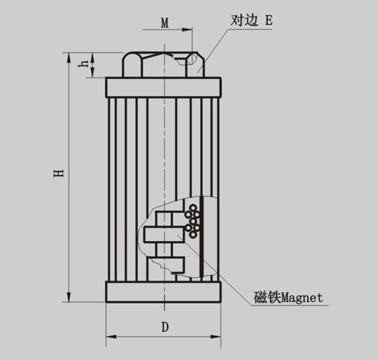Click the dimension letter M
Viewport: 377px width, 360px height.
pos(164,23)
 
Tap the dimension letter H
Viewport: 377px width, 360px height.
pos(59,173)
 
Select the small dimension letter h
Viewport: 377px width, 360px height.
pos(84,63)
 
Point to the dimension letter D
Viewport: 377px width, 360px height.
pos(165,327)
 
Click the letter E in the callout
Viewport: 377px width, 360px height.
pos(268,20)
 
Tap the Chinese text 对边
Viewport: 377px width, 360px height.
pos(244,20)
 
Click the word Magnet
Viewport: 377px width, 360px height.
pos(302,297)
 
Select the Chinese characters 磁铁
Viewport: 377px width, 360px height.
pos(267,297)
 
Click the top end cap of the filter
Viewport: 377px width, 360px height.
pos(164,87)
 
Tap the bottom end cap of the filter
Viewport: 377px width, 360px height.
pos(164,291)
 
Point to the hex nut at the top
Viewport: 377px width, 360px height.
pos(164,64)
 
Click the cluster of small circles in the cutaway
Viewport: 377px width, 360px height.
pos(193,221)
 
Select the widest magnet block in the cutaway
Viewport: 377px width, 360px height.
pos(164,234)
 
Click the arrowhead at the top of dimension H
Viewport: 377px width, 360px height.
pos(69,57)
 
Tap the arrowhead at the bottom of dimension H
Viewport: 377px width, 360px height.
pos(69,297)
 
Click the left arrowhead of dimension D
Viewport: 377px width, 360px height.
pos(111,337)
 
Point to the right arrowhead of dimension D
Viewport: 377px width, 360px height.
pos(216,337)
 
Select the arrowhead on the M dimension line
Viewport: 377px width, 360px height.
pos(187,30)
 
